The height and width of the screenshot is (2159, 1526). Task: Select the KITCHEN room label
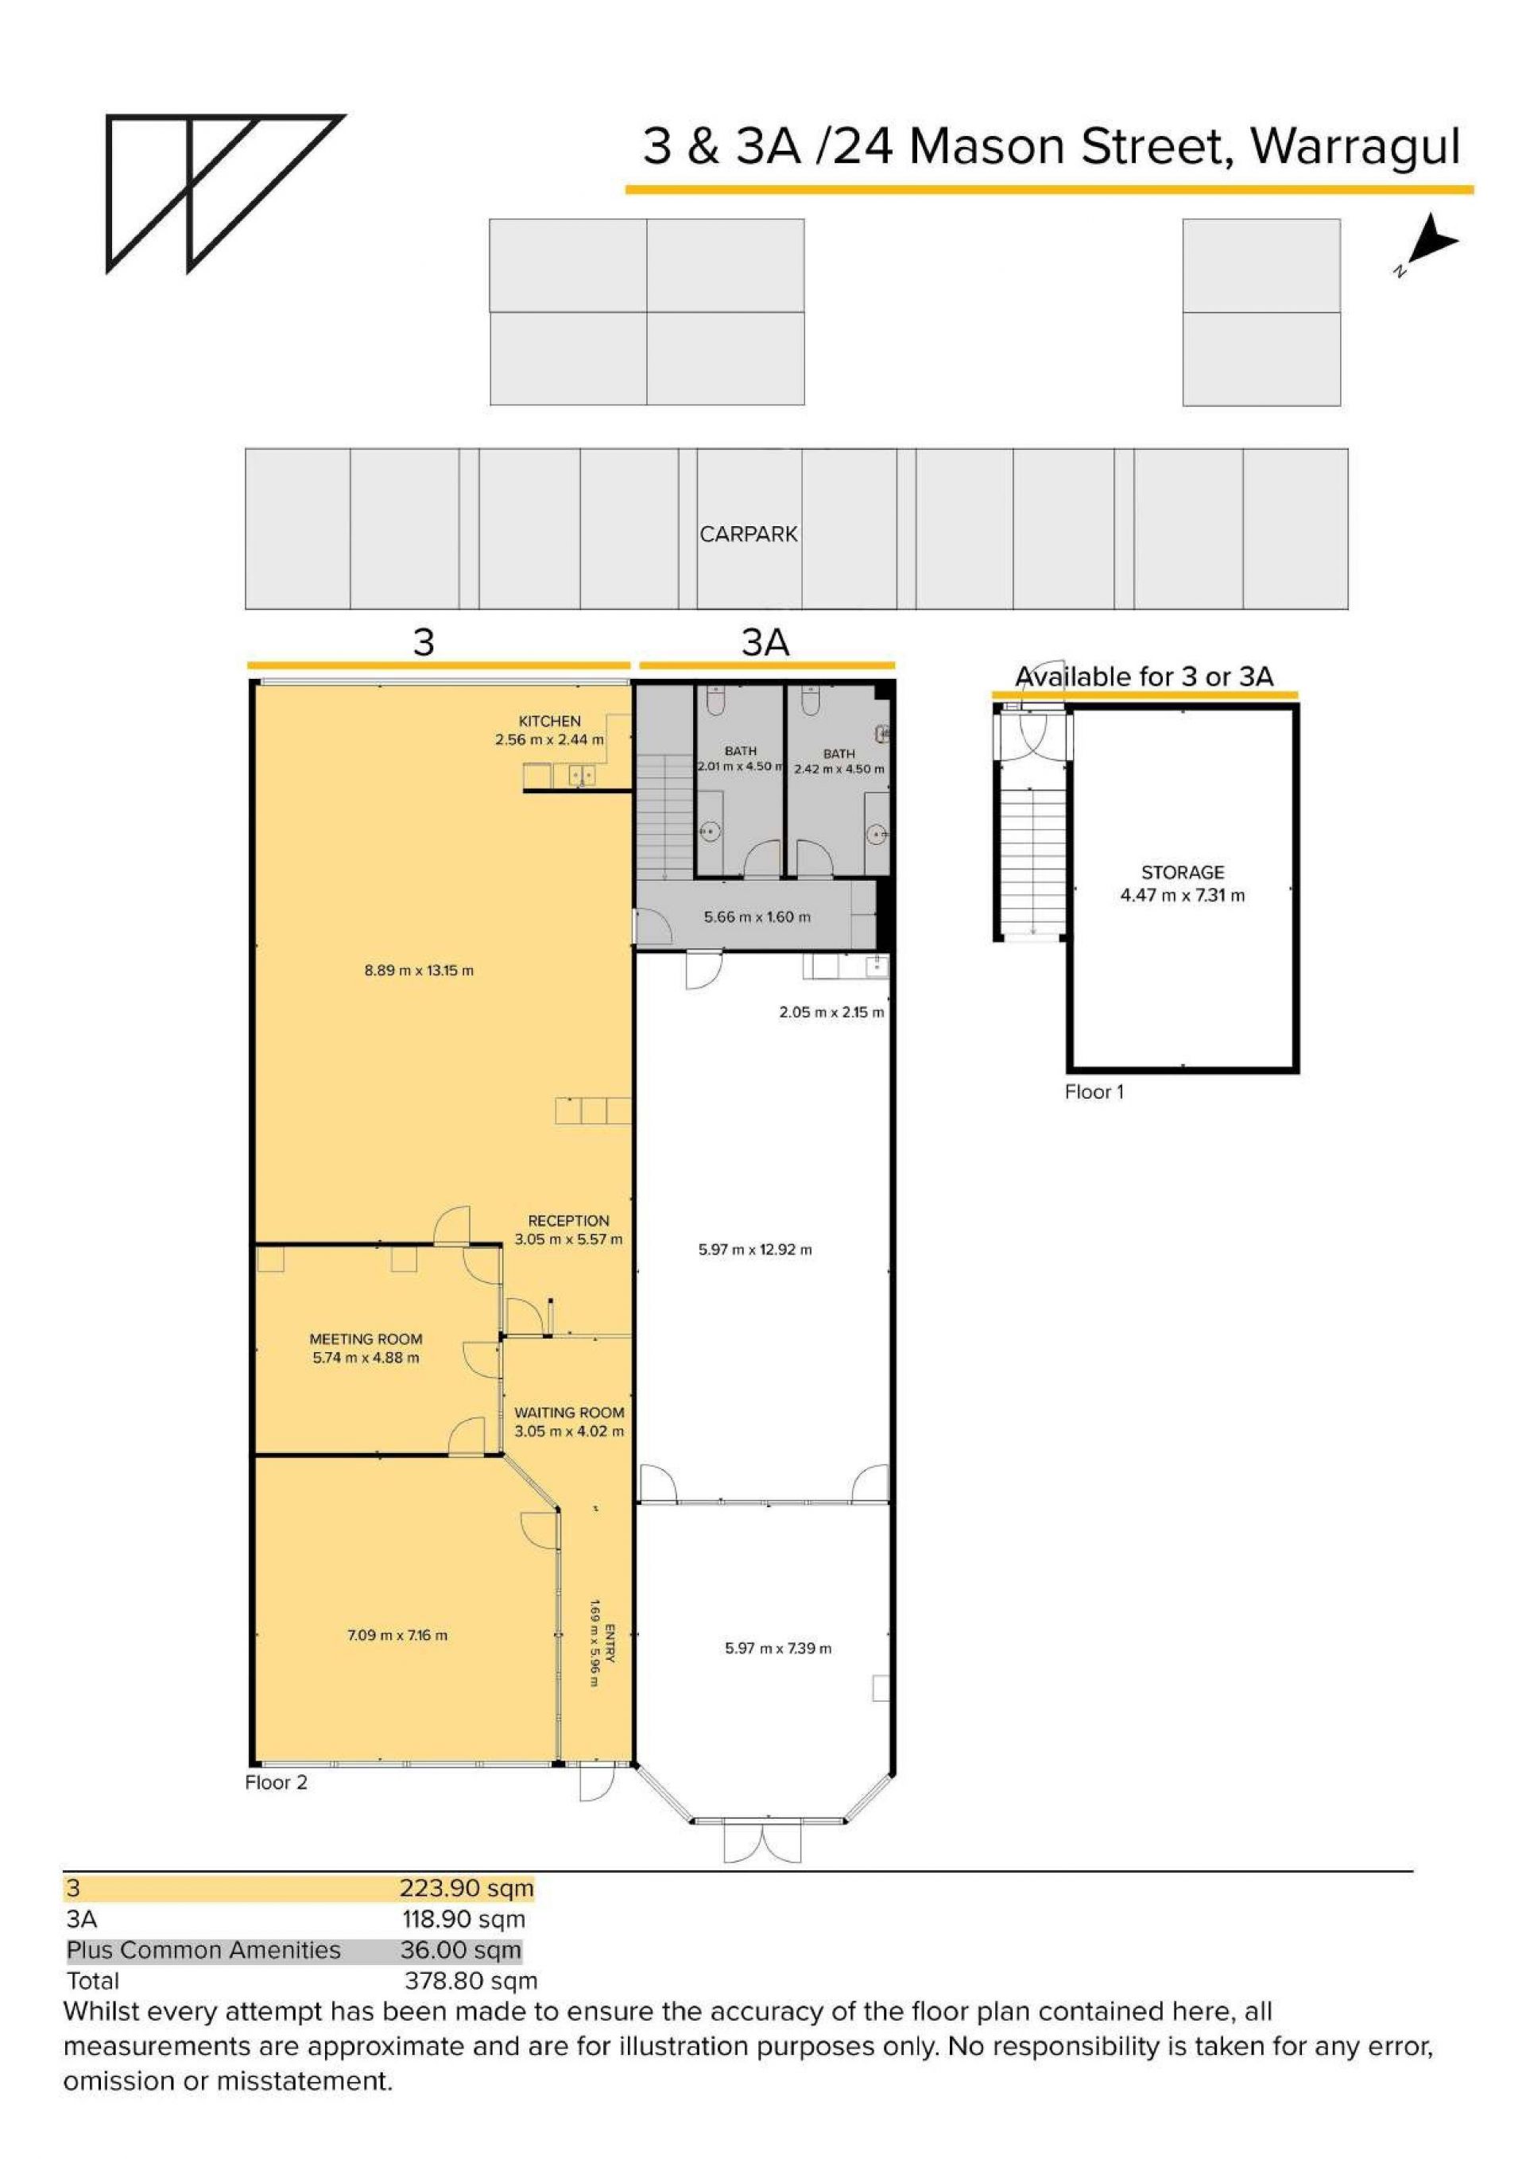(x=549, y=721)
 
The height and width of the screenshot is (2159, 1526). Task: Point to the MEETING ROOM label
(x=366, y=1339)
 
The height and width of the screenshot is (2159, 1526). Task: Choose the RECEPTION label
(x=568, y=1220)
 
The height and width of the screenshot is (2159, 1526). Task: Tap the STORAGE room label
(x=1182, y=872)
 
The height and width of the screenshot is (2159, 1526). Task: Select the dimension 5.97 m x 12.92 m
(x=755, y=1250)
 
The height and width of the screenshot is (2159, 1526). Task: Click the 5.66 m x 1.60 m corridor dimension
(x=757, y=917)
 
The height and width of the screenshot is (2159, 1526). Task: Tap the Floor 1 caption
(x=1094, y=1091)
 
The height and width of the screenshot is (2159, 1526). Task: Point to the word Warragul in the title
(x=1356, y=148)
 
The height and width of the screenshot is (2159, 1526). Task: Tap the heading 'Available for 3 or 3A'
(x=1144, y=676)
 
